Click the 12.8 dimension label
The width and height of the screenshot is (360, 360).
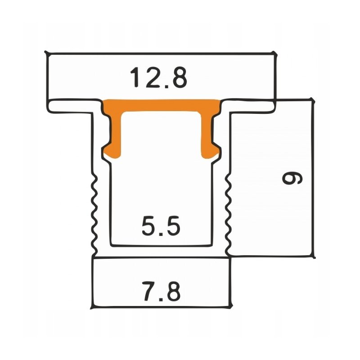(x=158, y=77)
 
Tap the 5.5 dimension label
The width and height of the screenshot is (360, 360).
(x=161, y=226)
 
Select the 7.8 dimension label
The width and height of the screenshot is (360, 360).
(x=161, y=292)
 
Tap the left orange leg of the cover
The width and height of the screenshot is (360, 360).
(x=115, y=130)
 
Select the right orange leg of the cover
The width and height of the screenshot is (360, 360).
(x=208, y=130)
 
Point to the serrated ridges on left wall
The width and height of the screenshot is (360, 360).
(x=94, y=211)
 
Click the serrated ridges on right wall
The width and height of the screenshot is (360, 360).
(x=228, y=211)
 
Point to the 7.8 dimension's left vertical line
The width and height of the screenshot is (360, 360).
(x=92, y=283)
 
